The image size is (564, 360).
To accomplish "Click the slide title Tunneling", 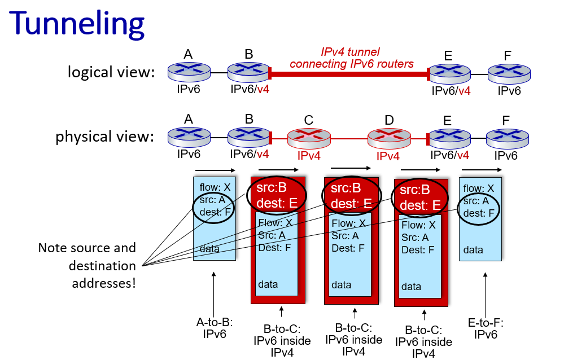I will [x=77, y=24].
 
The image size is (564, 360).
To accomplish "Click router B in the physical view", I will [x=249, y=137].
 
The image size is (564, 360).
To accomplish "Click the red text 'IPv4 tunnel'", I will [x=351, y=52].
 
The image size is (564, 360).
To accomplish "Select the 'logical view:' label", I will [x=111, y=72].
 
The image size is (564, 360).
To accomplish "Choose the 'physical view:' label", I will [x=104, y=137].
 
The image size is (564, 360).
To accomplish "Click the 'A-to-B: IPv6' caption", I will [x=215, y=328].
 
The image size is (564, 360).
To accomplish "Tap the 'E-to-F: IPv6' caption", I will [x=486, y=328].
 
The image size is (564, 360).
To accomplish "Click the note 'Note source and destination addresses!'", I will [x=88, y=265].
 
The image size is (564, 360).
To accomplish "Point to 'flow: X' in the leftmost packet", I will [x=215, y=187].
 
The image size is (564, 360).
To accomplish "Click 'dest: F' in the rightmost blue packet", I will [x=479, y=213].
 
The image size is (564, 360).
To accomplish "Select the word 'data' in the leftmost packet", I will [x=209, y=249].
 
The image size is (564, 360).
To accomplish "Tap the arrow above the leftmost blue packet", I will [x=215, y=170].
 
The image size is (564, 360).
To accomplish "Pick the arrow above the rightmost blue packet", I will [x=481, y=170].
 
